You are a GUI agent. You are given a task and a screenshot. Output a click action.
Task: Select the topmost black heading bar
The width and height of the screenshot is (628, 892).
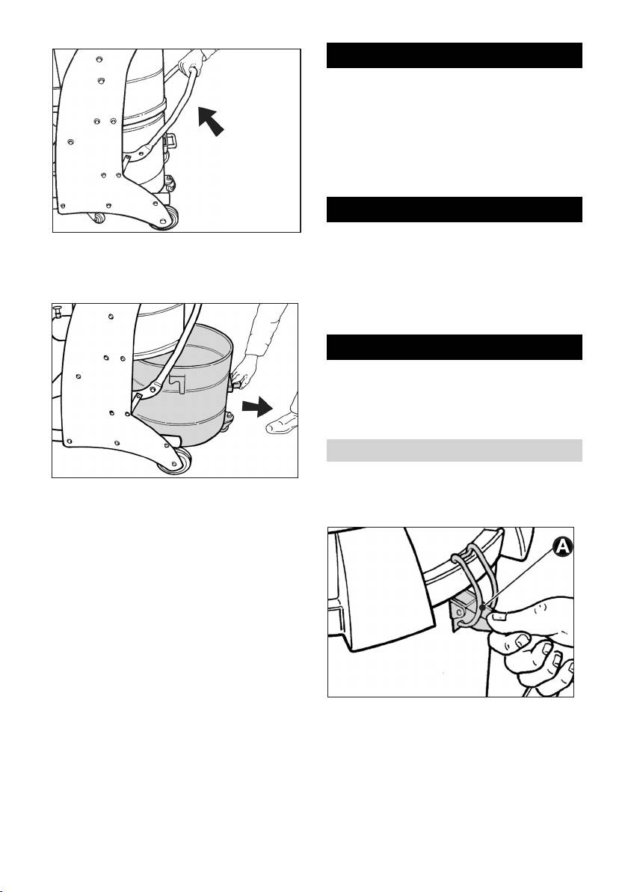click(455, 55)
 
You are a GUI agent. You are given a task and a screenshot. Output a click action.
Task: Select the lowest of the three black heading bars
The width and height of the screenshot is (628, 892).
click(455, 347)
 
